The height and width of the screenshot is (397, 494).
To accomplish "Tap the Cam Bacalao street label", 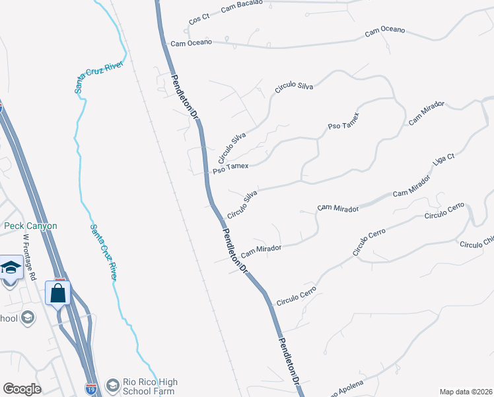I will tap(241, 5).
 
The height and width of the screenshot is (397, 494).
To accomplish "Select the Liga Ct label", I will tap(444, 166).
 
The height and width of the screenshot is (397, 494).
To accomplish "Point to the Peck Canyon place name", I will tap(30, 226).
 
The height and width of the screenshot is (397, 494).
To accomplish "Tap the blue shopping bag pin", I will tap(58, 292).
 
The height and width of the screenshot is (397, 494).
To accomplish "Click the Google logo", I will tap(22, 389).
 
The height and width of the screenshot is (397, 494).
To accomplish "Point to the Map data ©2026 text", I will tap(466, 391).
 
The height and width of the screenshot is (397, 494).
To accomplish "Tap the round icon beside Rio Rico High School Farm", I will tap(113, 384).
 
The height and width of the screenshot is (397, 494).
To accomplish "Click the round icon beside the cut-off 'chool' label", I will tap(27, 318).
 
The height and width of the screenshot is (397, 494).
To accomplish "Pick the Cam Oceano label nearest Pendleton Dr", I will tap(191, 43).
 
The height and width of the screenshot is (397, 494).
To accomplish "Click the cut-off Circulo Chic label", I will tap(477, 243).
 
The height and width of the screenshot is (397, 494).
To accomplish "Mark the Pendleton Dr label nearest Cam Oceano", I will tap(186, 97).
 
